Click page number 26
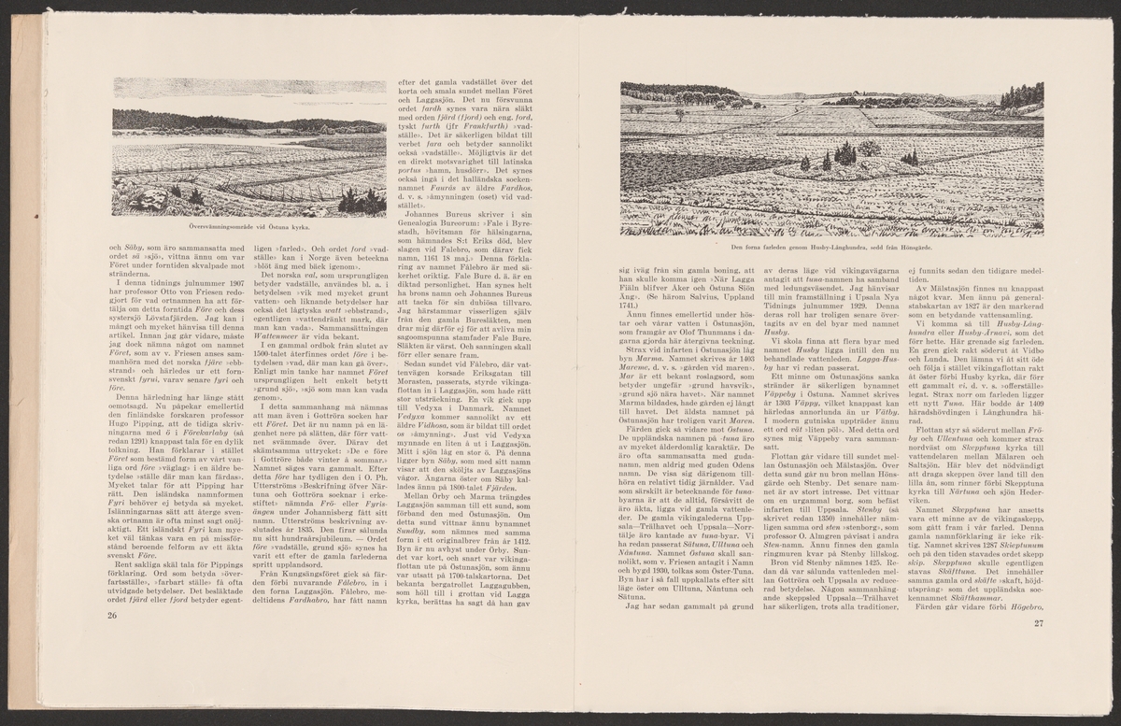point(112,615)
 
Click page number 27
point(1036,624)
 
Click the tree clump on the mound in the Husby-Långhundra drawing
point(844,151)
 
